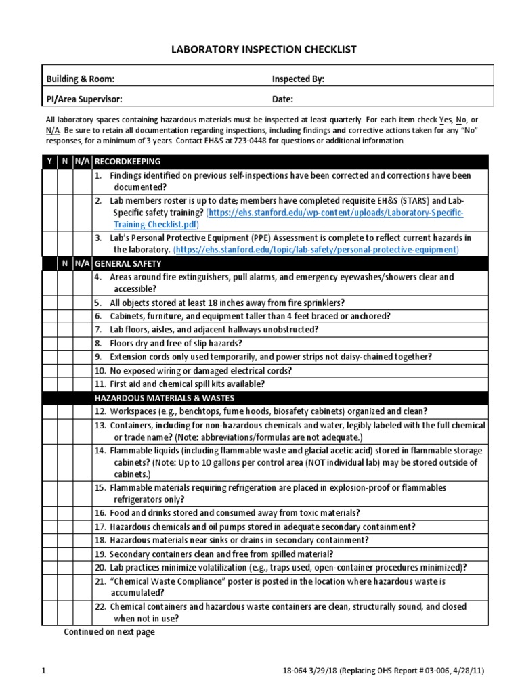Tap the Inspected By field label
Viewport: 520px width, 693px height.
(x=298, y=79)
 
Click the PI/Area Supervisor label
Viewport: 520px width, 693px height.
(x=84, y=99)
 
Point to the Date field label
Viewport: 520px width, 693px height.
(x=282, y=99)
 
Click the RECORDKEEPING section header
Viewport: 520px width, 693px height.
(x=127, y=162)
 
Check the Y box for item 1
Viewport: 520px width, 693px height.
(x=49, y=181)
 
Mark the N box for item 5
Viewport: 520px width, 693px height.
(x=65, y=303)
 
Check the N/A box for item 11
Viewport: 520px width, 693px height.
(x=81, y=384)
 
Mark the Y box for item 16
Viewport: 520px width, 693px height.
(x=49, y=513)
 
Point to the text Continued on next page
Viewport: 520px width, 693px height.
(x=109, y=632)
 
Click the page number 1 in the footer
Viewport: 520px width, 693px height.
(x=43, y=671)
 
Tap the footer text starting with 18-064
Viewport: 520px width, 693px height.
(x=383, y=671)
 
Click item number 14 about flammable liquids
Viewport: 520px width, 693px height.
(x=100, y=450)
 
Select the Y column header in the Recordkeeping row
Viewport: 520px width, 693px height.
(x=49, y=162)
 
